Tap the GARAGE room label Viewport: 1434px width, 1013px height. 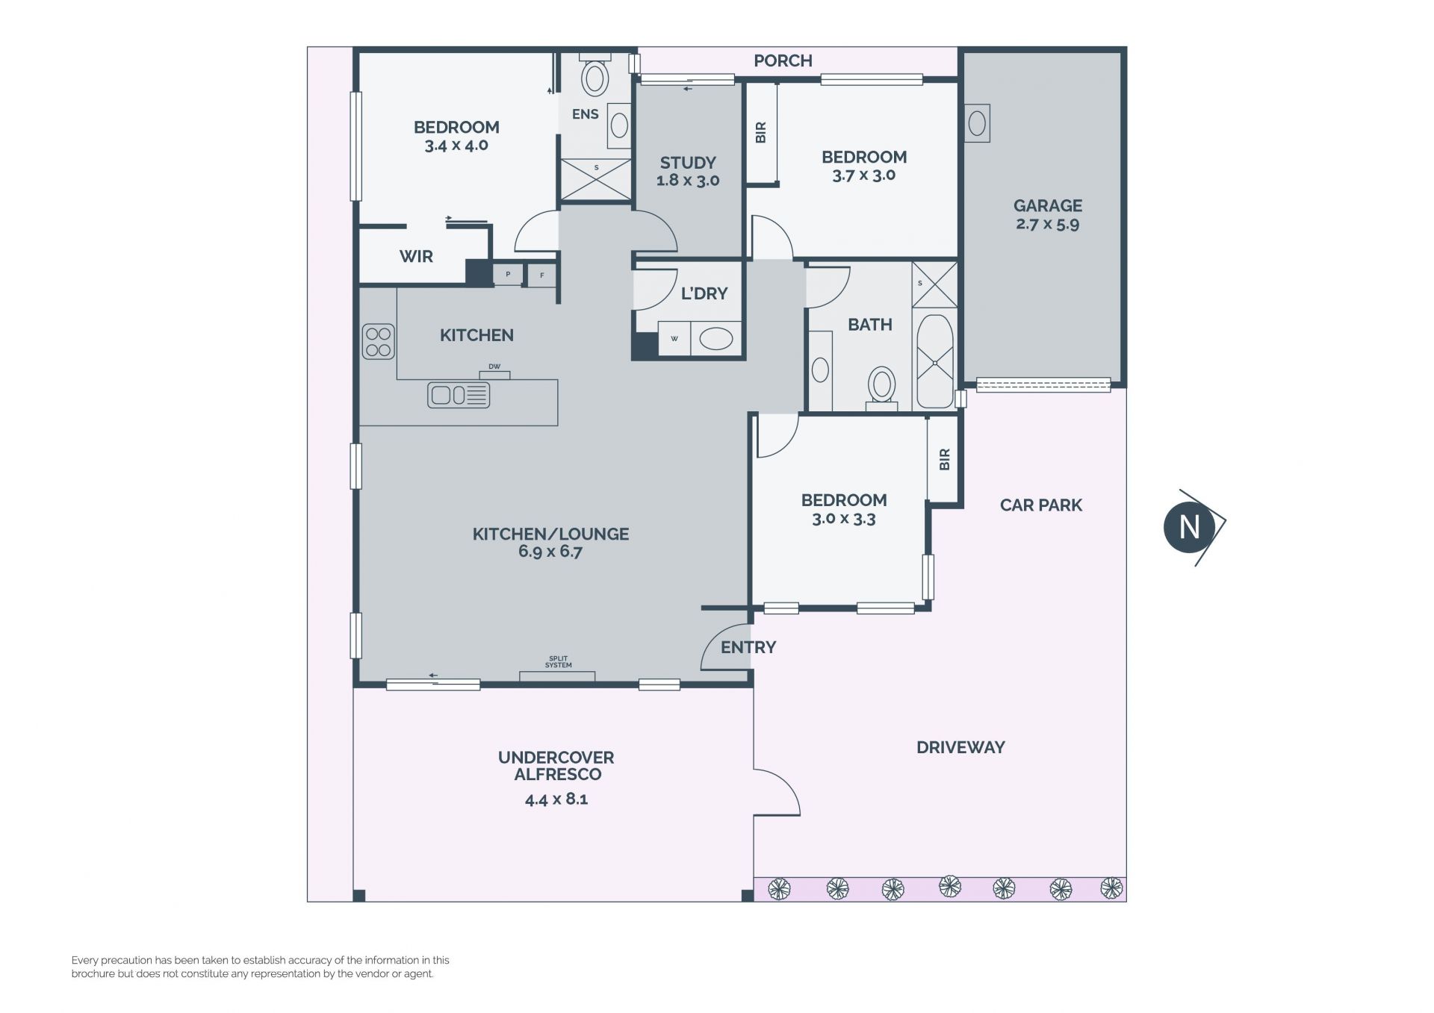1048,205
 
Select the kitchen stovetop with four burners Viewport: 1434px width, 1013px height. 378,341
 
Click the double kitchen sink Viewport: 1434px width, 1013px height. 459,394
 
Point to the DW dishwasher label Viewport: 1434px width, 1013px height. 494,367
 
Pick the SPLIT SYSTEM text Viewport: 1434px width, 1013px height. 558,662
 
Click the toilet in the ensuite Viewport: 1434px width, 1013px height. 595,75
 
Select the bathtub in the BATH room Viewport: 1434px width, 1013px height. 935,362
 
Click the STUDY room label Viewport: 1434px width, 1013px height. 688,162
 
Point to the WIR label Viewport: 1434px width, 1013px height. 416,256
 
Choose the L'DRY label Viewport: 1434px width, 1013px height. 704,293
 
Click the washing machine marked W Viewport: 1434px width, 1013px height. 674,339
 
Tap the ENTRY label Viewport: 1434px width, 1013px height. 748,647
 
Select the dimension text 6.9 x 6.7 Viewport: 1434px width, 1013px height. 550,552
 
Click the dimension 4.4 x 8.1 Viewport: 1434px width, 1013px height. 556,799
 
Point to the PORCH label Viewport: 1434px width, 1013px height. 783,60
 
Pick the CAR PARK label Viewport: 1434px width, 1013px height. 1041,505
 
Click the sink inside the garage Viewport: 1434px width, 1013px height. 977,122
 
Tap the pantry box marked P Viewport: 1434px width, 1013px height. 508,275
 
